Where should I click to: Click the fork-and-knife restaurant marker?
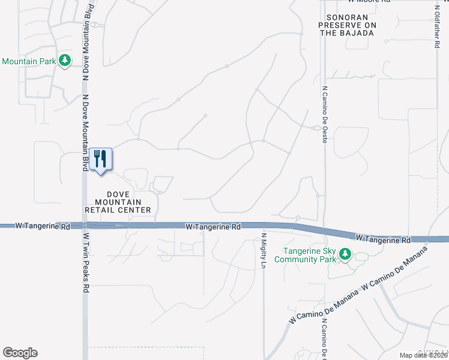click(x=100, y=159)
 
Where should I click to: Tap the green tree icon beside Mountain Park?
click(x=65, y=61)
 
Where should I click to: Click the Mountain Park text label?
click(x=28, y=61)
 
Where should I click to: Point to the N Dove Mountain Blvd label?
click(x=86, y=43)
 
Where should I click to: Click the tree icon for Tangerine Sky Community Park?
click(x=345, y=254)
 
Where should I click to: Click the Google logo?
click(x=20, y=353)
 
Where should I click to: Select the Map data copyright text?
click(x=424, y=355)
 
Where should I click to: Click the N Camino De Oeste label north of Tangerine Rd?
click(x=325, y=109)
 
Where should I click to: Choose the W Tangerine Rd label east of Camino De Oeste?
click(x=383, y=238)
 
